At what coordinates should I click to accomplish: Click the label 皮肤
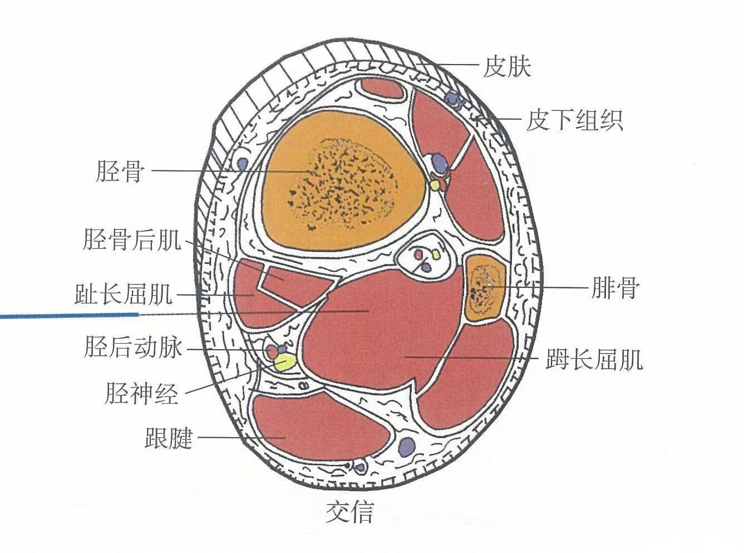click(x=506, y=67)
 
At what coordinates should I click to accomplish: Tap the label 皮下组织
click(x=574, y=120)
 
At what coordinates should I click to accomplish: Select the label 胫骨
click(x=120, y=171)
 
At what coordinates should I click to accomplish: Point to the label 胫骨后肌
click(x=132, y=241)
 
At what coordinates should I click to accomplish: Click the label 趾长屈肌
click(x=124, y=295)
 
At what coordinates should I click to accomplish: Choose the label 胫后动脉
click(x=134, y=348)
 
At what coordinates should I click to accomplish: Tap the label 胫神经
click(x=141, y=394)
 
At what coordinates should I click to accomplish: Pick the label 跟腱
click(x=168, y=438)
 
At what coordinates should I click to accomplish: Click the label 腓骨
click(x=615, y=288)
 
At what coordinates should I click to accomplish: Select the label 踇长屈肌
click(x=594, y=359)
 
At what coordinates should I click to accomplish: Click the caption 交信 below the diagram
click(x=349, y=511)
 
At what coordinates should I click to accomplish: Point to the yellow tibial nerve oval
click(x=284, y=364)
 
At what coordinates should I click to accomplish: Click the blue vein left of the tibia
click(x=243, y=164)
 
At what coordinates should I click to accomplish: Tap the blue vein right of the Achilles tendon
click(x=407, y=446)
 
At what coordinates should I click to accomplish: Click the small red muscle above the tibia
click(x=381, y=89)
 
